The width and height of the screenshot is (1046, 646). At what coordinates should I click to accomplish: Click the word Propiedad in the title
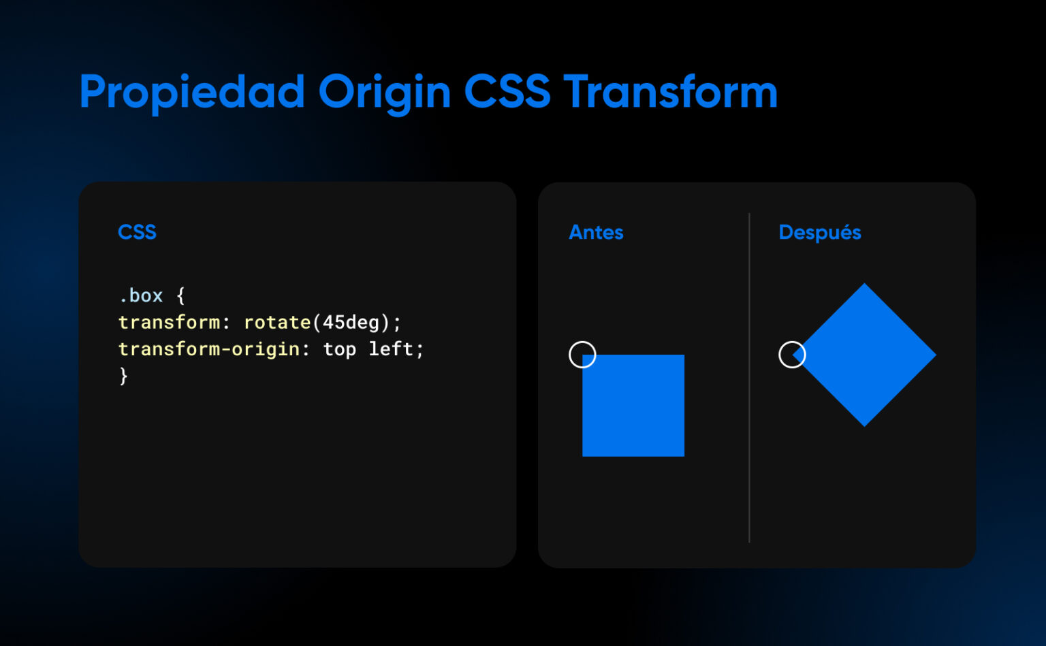(x=192, y=93)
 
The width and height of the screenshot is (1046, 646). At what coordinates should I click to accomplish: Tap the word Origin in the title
(x=384, y=93)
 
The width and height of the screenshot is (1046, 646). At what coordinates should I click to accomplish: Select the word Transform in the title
(x=670, y=91)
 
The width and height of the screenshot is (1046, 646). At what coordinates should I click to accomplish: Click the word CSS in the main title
(x=507, y=91)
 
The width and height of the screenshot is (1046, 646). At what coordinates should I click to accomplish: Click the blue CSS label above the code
(x=137, y=232)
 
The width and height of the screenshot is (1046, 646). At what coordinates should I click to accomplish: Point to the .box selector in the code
(x=141, y=295)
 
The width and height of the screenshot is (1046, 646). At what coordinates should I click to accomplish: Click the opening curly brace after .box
(x=180, y=295)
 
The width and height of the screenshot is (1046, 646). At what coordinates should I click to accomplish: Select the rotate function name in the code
(x=277, y=322)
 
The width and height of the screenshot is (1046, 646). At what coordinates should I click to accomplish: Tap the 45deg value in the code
(x=351, y=322)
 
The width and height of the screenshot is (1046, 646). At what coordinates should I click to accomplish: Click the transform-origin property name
(x=209, y=349)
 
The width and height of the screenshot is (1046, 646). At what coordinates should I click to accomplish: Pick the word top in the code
(x=339, y=349)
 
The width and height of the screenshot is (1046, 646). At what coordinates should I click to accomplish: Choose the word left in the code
(x=391, y=349)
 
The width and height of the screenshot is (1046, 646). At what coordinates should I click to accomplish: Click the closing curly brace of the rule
(x=123, y=375)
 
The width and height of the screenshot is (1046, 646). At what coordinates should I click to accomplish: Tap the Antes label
(x=596, y=232)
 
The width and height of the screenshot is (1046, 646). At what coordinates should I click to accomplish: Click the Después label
(x=819, y=232)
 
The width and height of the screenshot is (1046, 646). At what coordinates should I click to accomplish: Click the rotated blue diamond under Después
(x=865, y=355)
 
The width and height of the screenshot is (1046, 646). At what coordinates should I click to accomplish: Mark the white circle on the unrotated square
(x=582, y=355)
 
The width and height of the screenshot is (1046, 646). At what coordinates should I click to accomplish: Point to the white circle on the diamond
(x=792, y=355)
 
